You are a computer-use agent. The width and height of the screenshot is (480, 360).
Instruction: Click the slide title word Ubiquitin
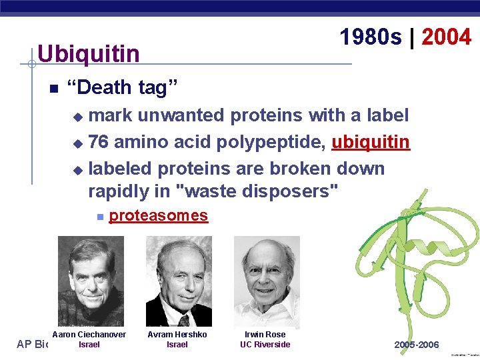(x=89, y=53)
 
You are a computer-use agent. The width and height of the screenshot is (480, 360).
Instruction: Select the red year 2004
(x=446, y=37)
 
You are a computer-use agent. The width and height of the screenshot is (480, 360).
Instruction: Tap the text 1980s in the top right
(x=371, y=37)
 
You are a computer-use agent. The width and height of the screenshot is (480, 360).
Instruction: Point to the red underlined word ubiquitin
(x=370, y=142)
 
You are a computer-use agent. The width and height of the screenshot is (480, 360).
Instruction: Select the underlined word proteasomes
(x=158, y=215)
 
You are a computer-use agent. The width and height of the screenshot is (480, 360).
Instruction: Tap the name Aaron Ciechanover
(x=89, y=334)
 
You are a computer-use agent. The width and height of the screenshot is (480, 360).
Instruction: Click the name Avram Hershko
(x=177, y=334)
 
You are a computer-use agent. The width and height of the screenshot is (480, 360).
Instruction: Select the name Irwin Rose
(x=265, y=334)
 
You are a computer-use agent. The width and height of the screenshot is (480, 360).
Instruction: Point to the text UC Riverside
(x=265, y=345)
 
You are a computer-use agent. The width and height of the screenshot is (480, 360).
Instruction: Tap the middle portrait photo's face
(x=179, y=270)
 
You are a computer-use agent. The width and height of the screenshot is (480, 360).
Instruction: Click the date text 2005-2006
(x=417, y=345)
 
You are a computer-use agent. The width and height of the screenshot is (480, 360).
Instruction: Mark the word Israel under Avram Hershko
(x=177, y=345)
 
